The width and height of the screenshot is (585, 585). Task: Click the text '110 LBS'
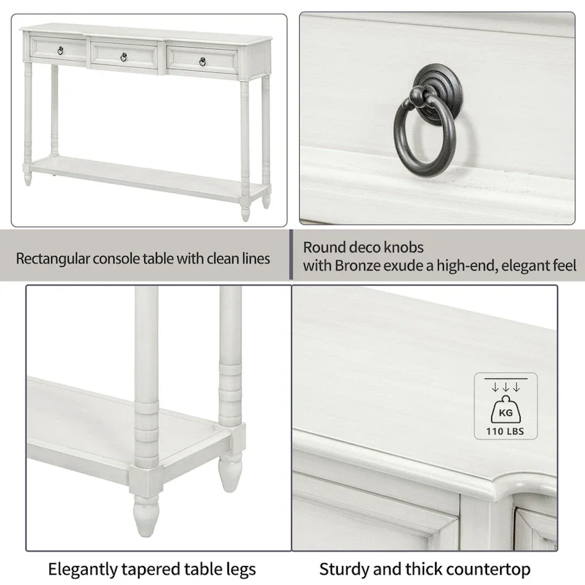(x=505, y=430)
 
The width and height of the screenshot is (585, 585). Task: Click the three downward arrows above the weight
(x=505, y=386)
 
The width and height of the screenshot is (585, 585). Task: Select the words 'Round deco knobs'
(x=363, y=248)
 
